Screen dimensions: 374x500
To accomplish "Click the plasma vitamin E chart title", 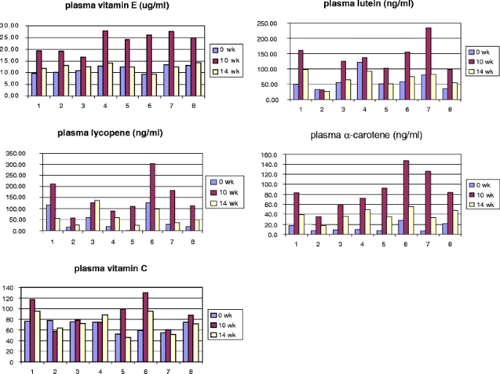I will click(106, 7).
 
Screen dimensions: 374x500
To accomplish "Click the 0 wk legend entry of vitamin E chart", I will click(226, 50).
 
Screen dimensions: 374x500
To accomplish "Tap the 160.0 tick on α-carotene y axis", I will click(268, 155).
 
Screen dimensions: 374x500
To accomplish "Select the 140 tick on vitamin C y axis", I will click(9, 289).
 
